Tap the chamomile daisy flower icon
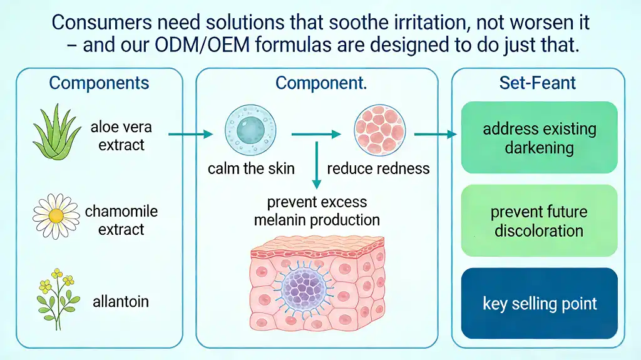[x=56, y=216]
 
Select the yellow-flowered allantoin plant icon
[x=57, y=299]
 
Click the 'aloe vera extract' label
[x=121, y=136]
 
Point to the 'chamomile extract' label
[x=121, y=220]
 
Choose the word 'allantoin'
[x=121, y=302]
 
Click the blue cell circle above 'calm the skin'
[x=250, y=130]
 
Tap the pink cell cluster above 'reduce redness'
[x=380, y=130]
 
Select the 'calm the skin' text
[x=251, y=168]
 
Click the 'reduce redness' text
[x=378, y=168]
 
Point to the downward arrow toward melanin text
[x=316, y=165]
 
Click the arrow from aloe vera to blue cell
[x=190, y=134]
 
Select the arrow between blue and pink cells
[x=316, y=134]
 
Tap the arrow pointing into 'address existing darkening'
[x=436, y=134]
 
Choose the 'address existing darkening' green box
[x=539, y=138]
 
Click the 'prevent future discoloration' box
[x=539, y=220]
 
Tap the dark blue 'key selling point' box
[x=539, y=303]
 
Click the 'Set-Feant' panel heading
[x=537, y=83]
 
